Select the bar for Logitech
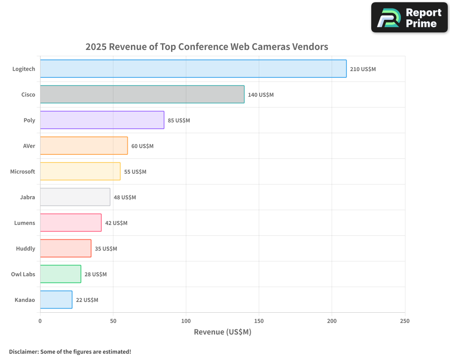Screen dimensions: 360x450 [x=193, y=69]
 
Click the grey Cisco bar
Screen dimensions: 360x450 [x=142, y=94]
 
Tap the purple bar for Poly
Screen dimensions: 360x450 [x=102, y=120]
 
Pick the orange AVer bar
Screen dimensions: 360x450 [x=84, y=146]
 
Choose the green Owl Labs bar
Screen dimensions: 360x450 [x=60, y=274]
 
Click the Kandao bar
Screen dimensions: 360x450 [x=56, y=300]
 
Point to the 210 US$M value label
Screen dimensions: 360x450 [x=363, y=69]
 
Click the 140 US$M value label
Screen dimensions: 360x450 [x=261, y=95]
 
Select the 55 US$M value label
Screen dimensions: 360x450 [x=135, y=172]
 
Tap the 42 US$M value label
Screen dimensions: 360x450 [x=116, y=223]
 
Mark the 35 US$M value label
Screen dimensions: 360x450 [x=106, y=249]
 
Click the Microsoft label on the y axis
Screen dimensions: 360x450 [x=22, y=171]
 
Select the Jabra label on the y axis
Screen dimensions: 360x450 [x=27, y=197]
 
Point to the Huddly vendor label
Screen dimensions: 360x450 [x=26, y=248]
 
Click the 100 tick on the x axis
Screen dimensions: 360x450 [x=186, y=321]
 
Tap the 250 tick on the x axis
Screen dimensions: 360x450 [x=405, y=321]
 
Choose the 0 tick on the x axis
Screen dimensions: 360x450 [x=40, y=321]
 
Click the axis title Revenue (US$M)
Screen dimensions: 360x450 [x=222, y=332]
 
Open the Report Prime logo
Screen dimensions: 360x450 [x=409, y=18]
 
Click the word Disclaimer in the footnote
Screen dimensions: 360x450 [x=23, y=352]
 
